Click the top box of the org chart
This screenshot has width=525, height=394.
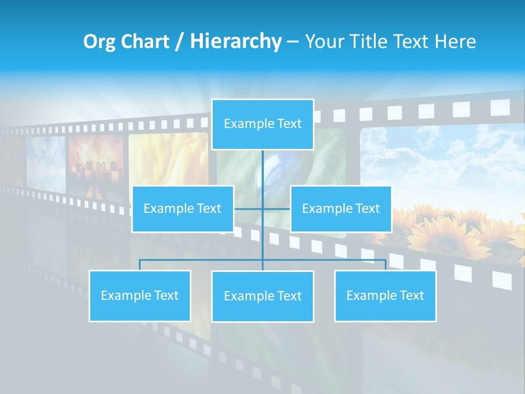262,124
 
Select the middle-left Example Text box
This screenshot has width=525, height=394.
183,208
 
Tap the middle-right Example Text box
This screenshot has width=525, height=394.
341,208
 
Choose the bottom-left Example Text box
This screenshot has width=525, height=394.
139,296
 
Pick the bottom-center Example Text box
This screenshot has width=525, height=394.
262,296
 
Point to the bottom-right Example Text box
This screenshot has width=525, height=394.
385,296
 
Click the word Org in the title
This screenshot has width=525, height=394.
100,42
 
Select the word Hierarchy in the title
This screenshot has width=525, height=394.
236,42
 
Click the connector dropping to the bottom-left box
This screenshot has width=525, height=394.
139,265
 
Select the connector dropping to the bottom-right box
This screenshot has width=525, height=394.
385,265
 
